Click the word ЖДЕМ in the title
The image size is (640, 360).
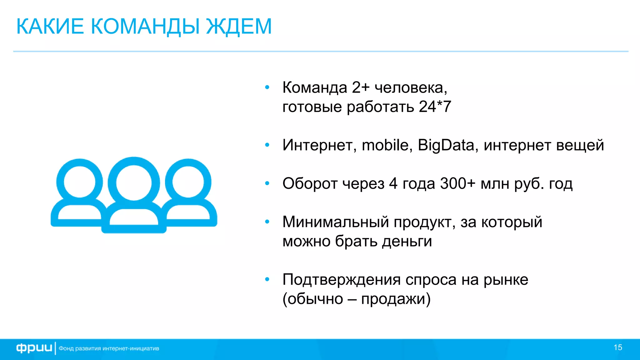click(x=239, y=27)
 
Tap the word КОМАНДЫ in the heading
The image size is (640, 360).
click(x=145, y=27)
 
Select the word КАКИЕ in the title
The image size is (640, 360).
click(x=50, y=27)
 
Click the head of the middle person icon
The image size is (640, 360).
click(x=134, y=183)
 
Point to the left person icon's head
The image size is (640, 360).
click(x=79, y=182)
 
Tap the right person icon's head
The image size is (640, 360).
click(x=188, y=182)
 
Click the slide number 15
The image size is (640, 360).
click(x=618, y=347)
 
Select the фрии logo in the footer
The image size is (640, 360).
click(x=34, y=348)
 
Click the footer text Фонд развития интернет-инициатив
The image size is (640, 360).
click(x=109, y=348)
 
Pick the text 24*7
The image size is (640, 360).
click(x=435, y=107)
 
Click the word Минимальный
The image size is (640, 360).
click(x=336, y=222)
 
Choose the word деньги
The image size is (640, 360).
click(x=407, y=242)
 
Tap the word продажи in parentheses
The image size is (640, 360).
click(x=393, y=299)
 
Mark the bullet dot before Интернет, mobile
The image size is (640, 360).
click(x=267, y=145)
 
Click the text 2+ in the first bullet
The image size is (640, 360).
click(x=361, y=88)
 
